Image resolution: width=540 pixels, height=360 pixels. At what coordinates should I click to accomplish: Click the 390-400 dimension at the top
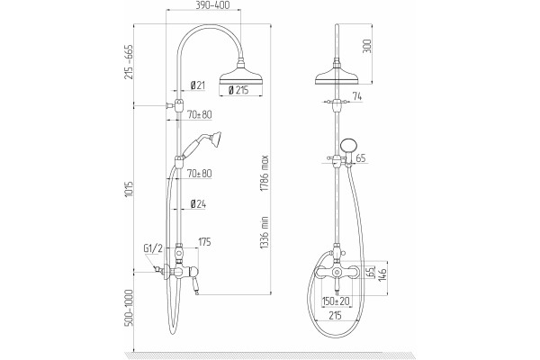tap(212, 5)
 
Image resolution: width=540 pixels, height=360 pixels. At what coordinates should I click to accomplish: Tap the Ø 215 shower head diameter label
tap(238, 90)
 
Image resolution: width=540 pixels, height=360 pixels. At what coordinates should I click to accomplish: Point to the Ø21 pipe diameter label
tap(197, 85)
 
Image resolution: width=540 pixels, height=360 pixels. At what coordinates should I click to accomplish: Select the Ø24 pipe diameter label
tap(198, 204)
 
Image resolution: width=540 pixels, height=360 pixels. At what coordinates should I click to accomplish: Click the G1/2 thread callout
tap(153, 248)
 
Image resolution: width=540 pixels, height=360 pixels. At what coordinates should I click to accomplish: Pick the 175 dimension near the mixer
tap(204, 242)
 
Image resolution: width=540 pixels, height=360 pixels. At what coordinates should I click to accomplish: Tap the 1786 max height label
tap(264, 174)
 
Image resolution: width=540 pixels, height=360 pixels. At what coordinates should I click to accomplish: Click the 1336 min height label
tap(264, 233)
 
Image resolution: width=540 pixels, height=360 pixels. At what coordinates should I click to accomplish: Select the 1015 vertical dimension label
tap(129, 189)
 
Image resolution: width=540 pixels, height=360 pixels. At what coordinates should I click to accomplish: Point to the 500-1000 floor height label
tap(129, 308)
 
